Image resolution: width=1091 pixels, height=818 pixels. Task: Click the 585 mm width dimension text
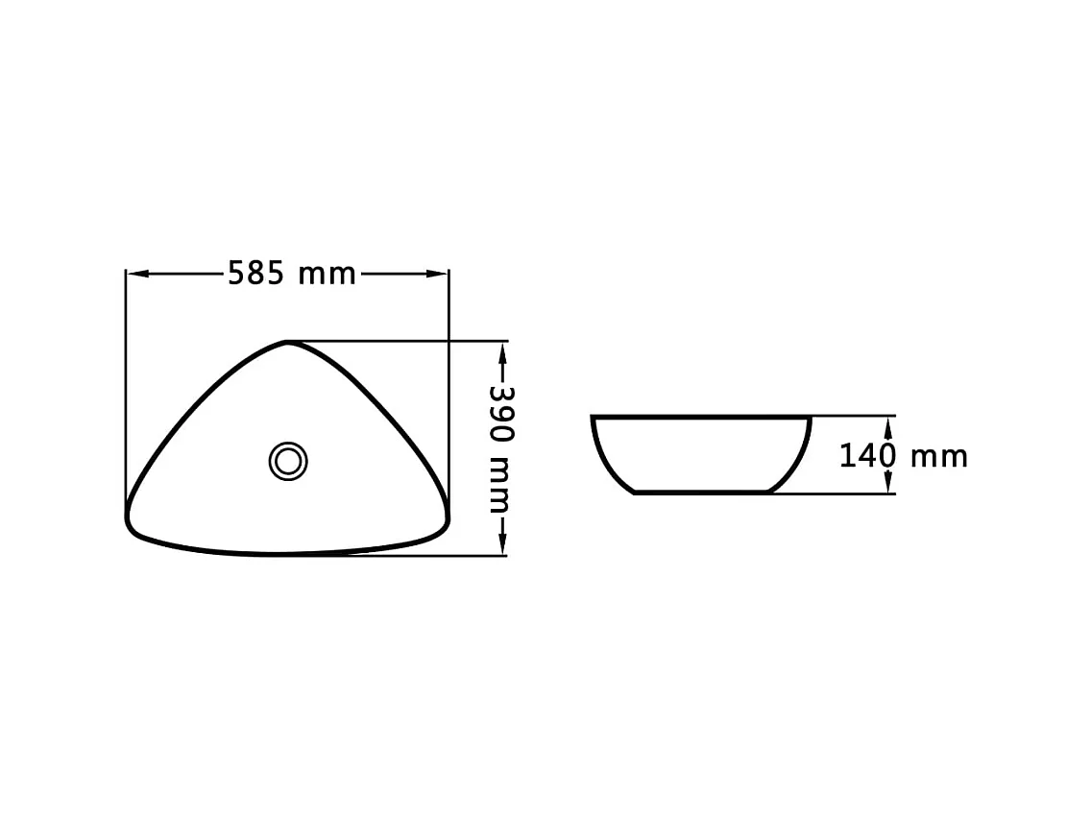(291, 275)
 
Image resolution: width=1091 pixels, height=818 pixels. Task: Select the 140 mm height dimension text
(903, 456)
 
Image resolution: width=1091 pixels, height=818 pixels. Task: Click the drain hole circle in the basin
(287, 461)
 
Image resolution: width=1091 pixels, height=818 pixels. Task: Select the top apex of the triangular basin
(287, 343)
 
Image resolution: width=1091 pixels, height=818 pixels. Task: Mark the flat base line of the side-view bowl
(702, 492)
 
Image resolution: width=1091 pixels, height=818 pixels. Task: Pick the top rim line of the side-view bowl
(701, 418)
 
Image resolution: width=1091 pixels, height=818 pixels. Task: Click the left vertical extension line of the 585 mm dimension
(126, 384)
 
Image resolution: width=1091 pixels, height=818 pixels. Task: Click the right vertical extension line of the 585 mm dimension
(449, 384)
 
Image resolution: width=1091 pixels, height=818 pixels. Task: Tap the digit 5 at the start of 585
(235, 275)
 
